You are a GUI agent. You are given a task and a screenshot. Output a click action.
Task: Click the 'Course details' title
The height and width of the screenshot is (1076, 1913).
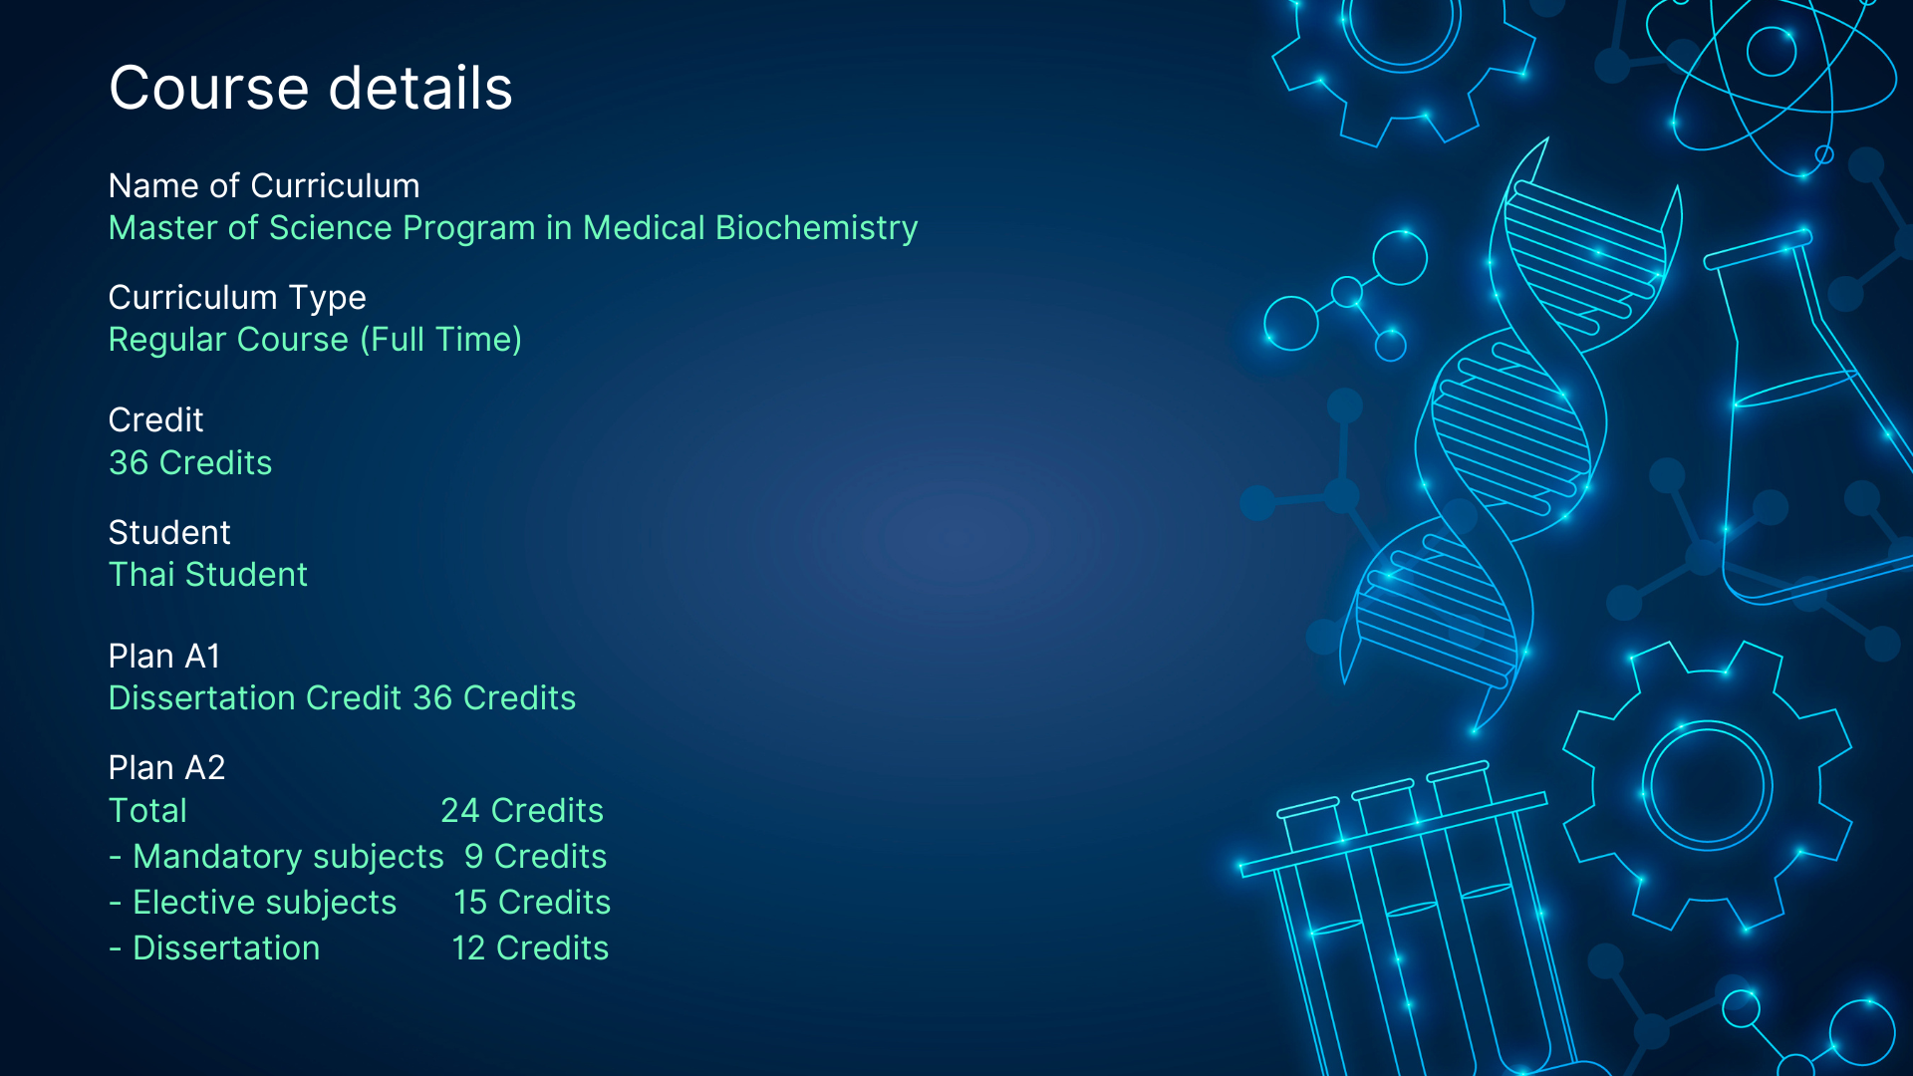310,88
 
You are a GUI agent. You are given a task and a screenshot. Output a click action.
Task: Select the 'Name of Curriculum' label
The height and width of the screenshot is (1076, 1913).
264,186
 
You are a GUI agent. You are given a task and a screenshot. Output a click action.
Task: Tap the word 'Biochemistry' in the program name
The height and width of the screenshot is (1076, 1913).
816,228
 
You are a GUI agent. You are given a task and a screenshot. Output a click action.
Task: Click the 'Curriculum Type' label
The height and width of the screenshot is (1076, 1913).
237,298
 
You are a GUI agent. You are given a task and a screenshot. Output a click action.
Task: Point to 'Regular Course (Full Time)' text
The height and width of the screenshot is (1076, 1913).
315,340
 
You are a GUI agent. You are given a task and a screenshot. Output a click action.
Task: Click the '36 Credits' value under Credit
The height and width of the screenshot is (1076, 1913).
190,463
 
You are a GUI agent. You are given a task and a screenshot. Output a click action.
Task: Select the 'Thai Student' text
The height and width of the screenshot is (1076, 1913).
208,575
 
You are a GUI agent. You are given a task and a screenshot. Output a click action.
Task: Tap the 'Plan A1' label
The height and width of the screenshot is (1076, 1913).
164,657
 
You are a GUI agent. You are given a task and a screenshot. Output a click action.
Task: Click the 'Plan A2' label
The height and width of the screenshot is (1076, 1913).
166,768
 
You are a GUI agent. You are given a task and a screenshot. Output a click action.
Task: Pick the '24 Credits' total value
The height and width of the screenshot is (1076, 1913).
522,811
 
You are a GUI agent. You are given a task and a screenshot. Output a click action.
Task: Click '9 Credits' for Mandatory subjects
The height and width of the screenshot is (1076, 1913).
535,857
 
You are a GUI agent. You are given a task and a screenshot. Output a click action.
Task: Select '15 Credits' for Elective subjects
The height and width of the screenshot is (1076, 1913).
532,903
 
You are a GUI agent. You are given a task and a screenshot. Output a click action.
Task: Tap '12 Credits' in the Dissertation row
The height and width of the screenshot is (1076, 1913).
530,948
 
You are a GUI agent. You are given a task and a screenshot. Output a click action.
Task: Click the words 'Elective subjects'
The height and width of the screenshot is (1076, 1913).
264,903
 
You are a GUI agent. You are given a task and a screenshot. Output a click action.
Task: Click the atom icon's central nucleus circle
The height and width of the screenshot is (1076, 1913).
1772,51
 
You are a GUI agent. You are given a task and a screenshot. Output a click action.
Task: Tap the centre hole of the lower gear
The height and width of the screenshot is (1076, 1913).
1707,785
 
